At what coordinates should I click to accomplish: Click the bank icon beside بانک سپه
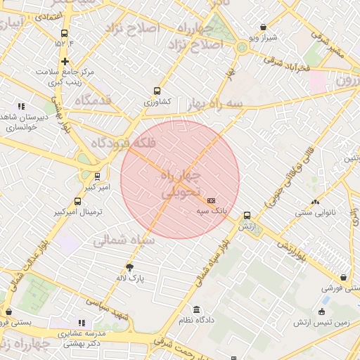pos(212,200)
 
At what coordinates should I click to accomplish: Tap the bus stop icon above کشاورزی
pos(157,91)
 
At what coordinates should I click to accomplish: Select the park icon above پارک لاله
pos(129,266)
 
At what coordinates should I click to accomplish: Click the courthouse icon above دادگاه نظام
pos(196,310)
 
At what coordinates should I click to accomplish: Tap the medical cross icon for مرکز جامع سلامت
pos(65,62)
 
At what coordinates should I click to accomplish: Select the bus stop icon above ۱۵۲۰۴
pos(65,33)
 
